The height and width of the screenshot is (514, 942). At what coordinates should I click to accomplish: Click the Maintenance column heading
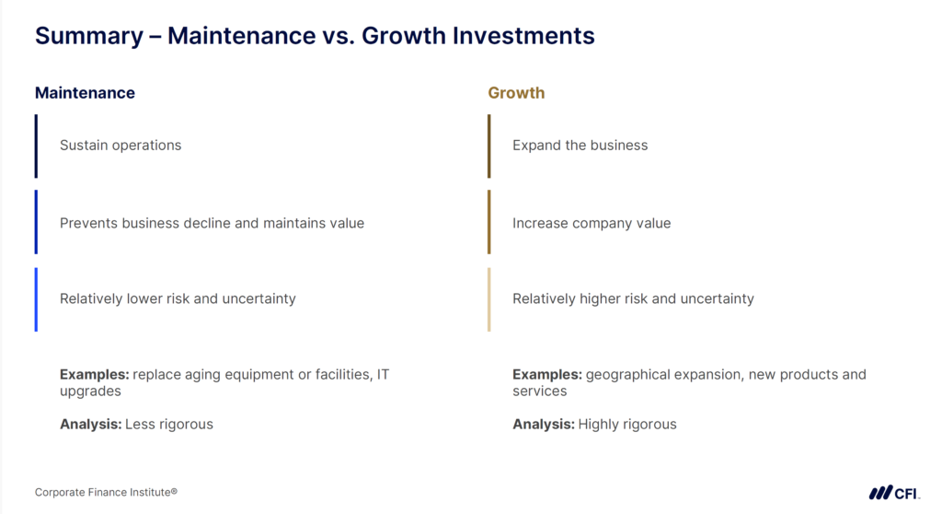click(85, 93)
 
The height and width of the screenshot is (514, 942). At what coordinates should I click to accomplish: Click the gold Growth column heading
click(516, 93)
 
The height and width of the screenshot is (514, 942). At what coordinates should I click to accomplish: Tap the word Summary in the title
click(88, 36)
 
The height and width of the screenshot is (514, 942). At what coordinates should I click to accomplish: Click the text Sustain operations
click(121, 146)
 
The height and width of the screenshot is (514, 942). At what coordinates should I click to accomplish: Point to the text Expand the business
click(580, 146)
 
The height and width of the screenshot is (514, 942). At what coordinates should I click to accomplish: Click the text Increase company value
click(592, 223)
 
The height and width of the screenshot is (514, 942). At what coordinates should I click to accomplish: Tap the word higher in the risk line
click(603, 298)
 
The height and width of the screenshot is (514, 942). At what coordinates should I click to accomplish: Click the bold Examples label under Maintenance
click(94, 375)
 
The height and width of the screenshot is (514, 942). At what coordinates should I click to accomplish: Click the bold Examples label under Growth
click(546, 375)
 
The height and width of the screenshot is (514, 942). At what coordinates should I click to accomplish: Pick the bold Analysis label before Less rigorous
click(90, 425)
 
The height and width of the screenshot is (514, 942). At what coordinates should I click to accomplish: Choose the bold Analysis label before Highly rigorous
click(543, 425)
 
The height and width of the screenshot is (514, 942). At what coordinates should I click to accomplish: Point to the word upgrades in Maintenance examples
click(90, 391)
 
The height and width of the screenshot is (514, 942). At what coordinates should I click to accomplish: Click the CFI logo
click(894, 493)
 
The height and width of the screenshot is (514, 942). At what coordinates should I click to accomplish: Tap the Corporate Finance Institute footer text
click(106, 493)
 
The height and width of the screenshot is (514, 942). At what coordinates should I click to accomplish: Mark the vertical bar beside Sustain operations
click(36, 146)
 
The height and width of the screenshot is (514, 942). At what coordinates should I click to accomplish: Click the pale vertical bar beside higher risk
click(489, 299)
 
